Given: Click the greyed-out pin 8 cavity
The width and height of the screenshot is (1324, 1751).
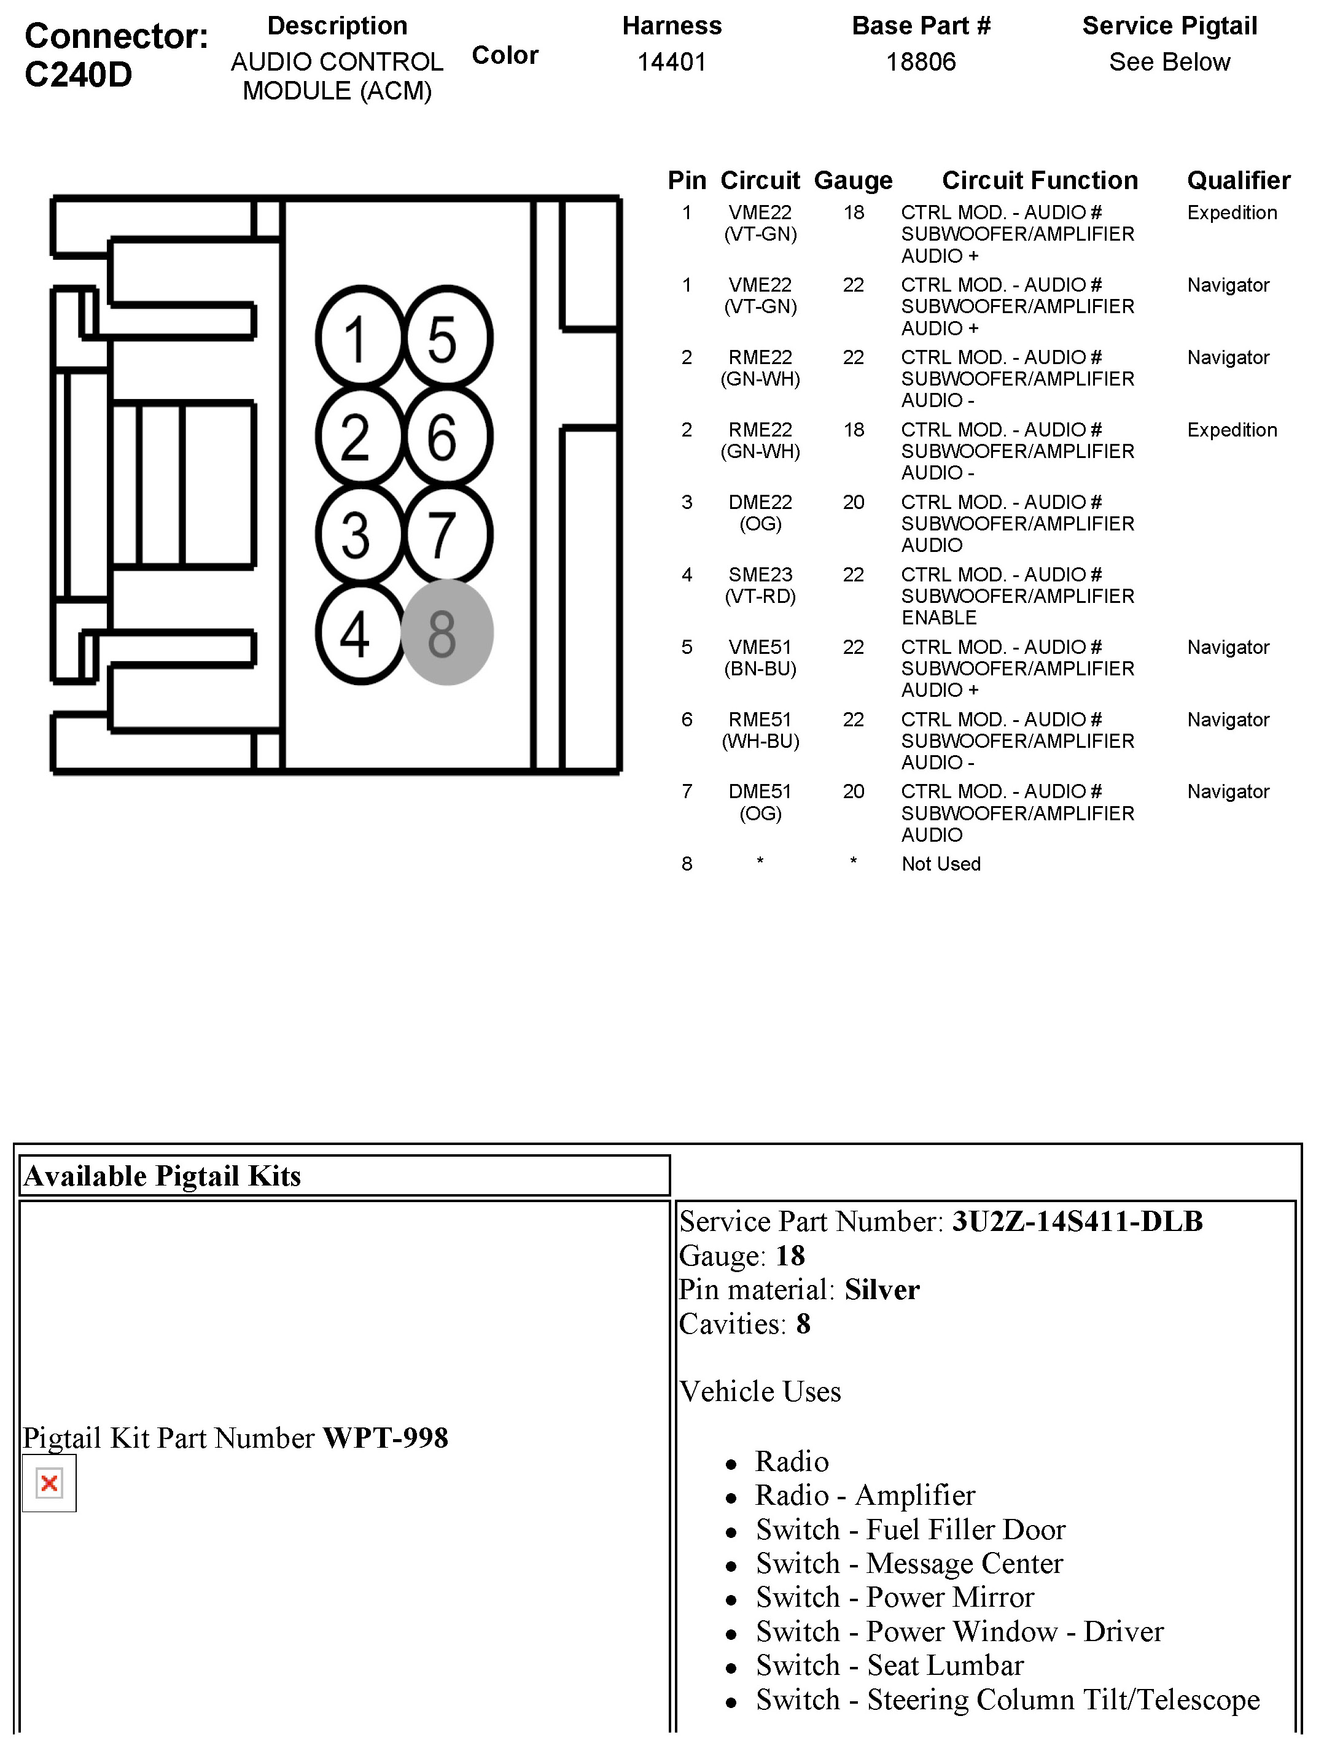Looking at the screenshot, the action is click(x=448, y=632).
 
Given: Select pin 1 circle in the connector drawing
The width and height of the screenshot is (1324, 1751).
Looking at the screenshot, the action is click(x=360, y=338).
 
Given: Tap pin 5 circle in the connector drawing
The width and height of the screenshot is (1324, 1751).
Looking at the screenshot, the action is click(x=448, y=338).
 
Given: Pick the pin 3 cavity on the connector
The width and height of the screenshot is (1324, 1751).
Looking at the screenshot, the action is click(x=360, y=534).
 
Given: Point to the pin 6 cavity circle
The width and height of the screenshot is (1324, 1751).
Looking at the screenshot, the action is click(x=448, y=436).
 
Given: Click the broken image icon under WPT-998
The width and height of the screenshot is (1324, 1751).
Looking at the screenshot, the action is click(x=49, y=1483).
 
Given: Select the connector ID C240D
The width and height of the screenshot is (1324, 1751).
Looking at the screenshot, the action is click(x=79, y=74).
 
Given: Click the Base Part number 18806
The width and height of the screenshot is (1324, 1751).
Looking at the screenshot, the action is click(x=921, y=62).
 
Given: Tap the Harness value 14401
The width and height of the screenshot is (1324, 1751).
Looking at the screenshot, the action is click(x=671, y=62).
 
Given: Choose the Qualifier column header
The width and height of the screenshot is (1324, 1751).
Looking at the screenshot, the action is click(x=1239, y=181).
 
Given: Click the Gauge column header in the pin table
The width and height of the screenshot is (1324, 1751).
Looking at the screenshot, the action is click(x=853, y=181).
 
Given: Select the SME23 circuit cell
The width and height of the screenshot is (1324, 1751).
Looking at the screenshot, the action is click(x=760, y=575).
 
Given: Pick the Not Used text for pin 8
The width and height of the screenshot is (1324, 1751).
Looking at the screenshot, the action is click(x=941, y=864).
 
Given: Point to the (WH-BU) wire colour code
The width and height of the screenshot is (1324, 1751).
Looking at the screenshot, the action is click(x=760, y=741).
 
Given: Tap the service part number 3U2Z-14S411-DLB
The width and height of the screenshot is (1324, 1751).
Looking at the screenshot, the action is click(x=1077, y=1221).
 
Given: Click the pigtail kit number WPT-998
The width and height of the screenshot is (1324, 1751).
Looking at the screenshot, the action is click(x=386, y=1437).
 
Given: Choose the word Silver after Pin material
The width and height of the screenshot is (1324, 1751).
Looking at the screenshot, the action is click(x=882, y=1289).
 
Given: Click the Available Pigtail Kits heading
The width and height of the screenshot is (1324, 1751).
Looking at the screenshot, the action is click(x=162, y=1176).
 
